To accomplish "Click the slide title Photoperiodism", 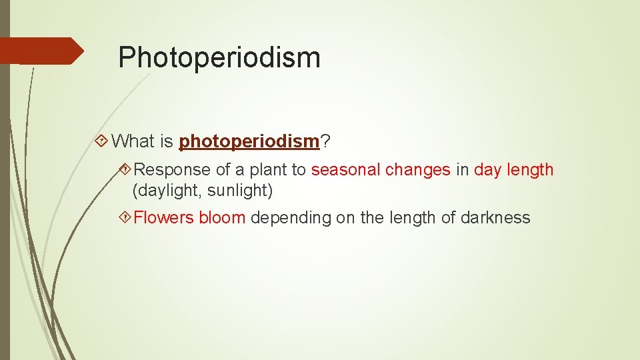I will [x=219, y=57].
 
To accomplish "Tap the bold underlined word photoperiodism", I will [x=249, y=141].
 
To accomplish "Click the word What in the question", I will [x=133, y=141].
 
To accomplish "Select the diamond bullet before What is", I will [x=101, y=141].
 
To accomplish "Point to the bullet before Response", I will [x=124, y=170].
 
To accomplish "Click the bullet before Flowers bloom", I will [x=124, y=217].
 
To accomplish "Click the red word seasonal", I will [x=345, y=170].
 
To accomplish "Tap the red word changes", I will [x=417, y=170].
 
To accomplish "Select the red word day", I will [x=487, y=170].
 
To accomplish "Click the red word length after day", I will [x=531, y=170].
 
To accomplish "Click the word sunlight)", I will [x=240, y=191].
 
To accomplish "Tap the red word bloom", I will [x=222, y=217].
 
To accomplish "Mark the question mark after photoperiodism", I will [x=327, y=141].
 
